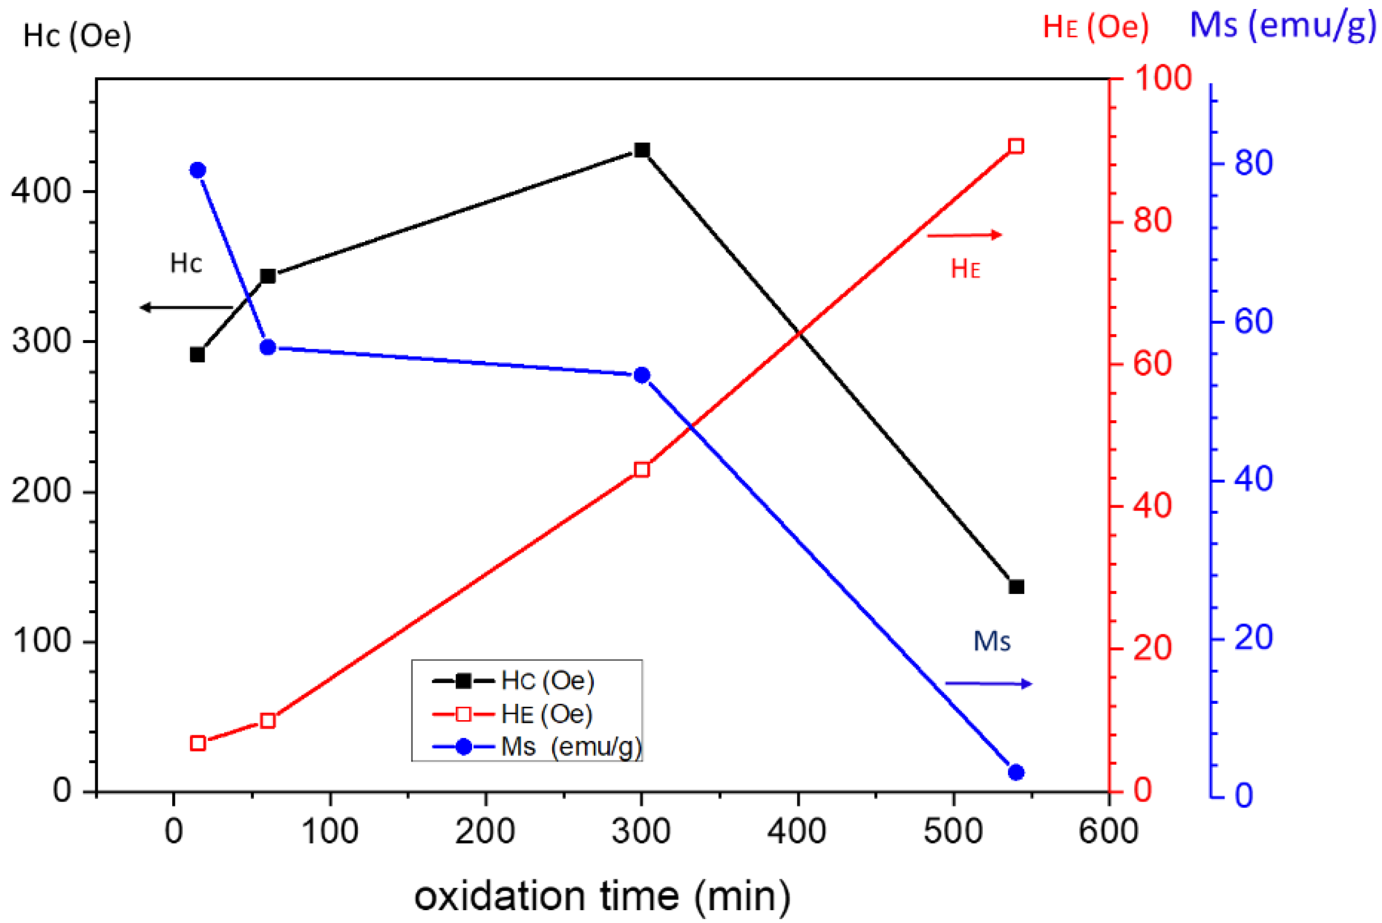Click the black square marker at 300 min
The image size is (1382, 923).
(x=642, y=150)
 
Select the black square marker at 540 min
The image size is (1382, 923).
(x=1016, y=587)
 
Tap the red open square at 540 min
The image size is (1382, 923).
(x=1016, y=146)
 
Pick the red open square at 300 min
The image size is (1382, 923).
(x=642, y=470)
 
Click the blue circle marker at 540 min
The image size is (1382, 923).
(x=1016, y=772)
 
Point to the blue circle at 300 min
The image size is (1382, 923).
(x=642, y=375)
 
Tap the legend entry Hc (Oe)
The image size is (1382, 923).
(x=547, y=681)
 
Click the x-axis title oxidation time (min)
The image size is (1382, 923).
(x=602, y=896)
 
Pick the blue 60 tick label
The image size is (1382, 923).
(x=1253, y=322)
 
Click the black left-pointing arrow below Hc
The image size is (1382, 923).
(x=186, y=307)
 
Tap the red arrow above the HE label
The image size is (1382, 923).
(x=964, y=235)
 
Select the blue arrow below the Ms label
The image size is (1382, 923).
(x=988, y=683)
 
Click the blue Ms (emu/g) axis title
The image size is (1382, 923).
(x=1283, y=26)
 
